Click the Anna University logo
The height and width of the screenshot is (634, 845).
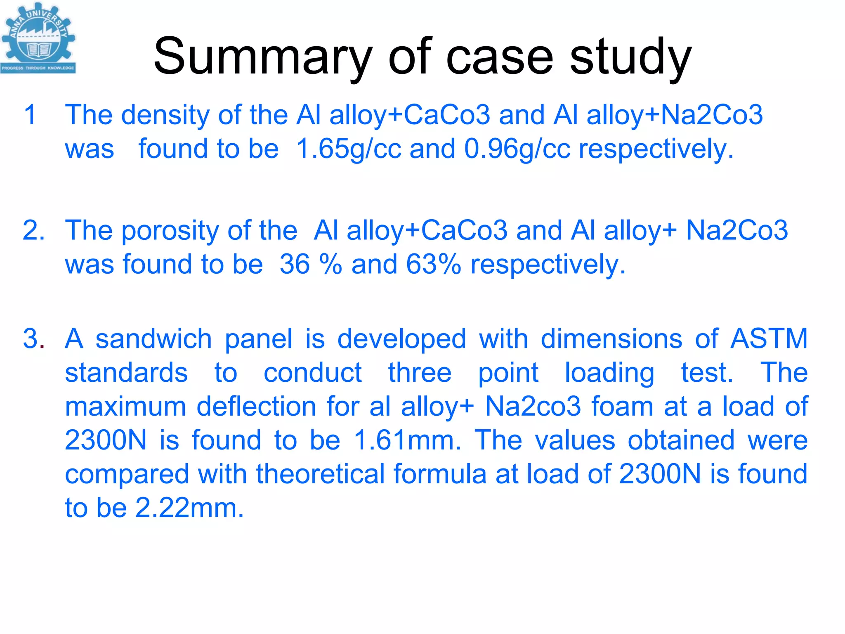pos(38,38)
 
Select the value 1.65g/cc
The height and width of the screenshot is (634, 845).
pos(349,149)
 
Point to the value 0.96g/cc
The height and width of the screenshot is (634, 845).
pos(517,149)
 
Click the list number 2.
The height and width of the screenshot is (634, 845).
pos(33,230)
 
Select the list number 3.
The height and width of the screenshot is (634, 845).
pos(33,339)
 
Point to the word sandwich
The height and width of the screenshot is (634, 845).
pos(153,339)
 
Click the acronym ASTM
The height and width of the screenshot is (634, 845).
pos(769,339)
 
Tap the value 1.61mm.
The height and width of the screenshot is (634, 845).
pos(407,440)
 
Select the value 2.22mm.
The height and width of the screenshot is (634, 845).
pos(189,508)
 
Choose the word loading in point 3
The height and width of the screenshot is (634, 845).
pos(609,373)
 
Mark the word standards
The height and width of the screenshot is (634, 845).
pos(126,373)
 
